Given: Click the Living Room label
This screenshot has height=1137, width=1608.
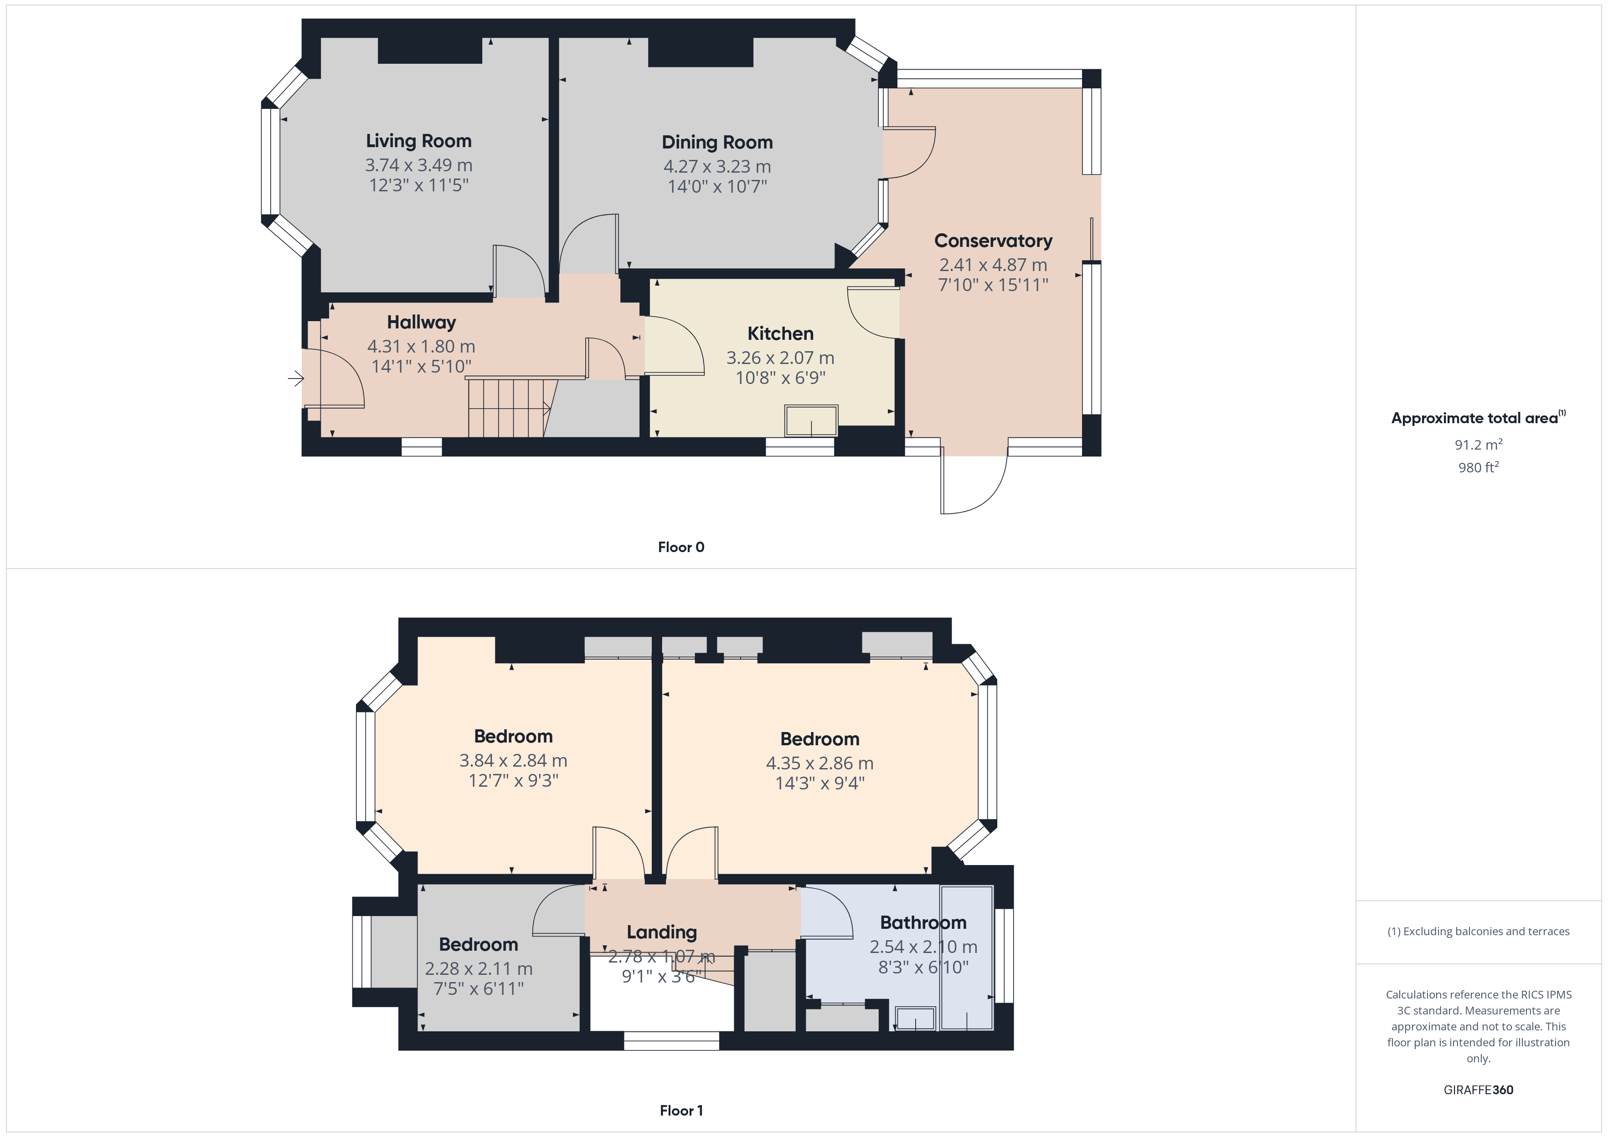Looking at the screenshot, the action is pos(419,141).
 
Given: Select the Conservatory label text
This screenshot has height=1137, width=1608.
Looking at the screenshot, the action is pos(993,241).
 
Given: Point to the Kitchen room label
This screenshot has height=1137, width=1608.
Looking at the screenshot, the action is pos(780,333).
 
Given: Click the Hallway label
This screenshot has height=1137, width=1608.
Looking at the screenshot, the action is pos(422,323).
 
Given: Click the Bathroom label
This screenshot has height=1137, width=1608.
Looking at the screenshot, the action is pos(923,923).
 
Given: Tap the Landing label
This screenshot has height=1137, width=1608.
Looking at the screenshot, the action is pos(662,932).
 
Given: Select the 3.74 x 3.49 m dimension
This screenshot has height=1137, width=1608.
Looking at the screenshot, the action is pos(419,165).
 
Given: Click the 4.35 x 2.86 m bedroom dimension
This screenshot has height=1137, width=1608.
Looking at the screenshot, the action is pos(819,763).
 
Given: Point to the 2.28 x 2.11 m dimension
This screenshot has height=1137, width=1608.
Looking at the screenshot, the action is pos(478,969).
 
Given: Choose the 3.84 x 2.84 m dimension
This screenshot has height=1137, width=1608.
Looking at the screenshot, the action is pos(513,760).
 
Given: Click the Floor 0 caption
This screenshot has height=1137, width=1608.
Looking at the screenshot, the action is pos(681,548).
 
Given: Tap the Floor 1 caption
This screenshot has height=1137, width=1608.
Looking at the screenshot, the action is pos(681,1111).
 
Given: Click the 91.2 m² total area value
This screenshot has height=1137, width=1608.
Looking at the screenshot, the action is pos(1479,445).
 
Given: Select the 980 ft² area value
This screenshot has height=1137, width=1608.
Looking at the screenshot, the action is pos(1479,467).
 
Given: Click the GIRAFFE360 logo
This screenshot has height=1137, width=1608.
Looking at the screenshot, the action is pos(1479,1090).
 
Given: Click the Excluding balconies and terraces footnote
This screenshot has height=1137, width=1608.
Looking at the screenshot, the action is pos(1479,931).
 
